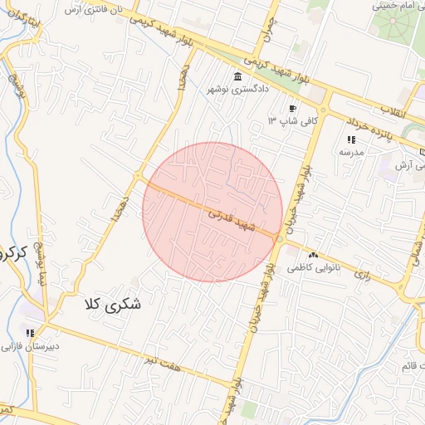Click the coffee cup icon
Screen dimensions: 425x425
(292, 109)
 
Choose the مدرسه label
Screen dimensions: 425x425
(350, 152)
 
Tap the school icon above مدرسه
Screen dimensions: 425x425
(351, 139)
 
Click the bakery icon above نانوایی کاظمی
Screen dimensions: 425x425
(313, 256)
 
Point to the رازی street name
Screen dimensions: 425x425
(362, 273)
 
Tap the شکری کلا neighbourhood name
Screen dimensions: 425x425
(113, 305)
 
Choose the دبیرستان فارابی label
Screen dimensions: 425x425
(30, 346)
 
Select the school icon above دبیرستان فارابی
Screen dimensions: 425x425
(31, 333)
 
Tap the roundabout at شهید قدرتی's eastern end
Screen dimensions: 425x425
(280, 239)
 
